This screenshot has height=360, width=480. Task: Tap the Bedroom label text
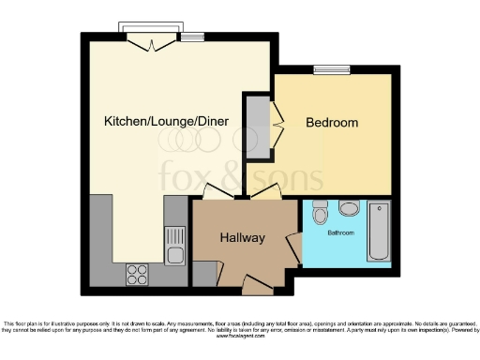(333, 123)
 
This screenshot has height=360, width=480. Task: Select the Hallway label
(242, 238)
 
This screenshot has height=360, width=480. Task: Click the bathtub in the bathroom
(378, 231)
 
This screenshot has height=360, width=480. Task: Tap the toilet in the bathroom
(320, 212)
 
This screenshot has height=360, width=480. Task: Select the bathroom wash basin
(349, 208)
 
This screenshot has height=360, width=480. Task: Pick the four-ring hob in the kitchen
(138, 274)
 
